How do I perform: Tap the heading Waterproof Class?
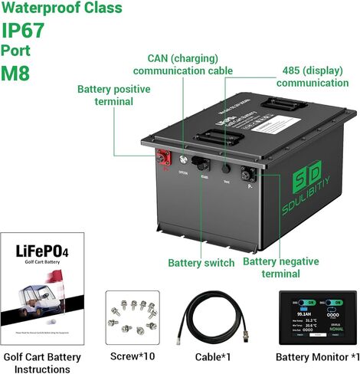pyautogui.click(x=62, y=8)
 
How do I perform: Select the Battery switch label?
pyautogui.click(x=201, y=263)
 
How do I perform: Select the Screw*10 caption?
pyautogui.click(x=132, y=357)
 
